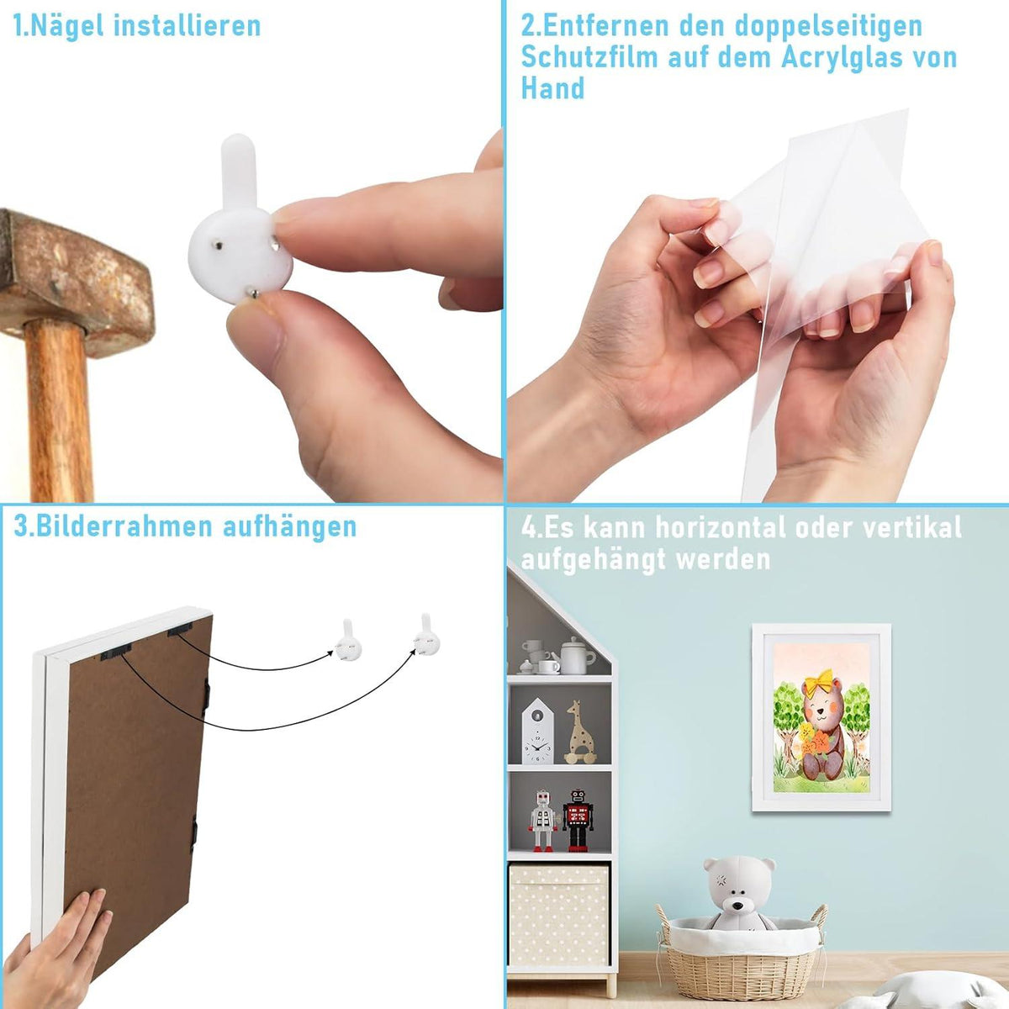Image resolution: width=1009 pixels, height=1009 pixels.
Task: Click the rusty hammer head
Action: (73, 277)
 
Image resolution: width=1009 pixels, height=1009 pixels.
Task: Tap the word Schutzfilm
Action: (589, 57)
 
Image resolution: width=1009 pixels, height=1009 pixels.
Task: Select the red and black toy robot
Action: (578, 820)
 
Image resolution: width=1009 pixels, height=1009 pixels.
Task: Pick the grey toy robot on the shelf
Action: (542, 821)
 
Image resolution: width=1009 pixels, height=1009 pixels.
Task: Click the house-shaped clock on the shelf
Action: (537, 731)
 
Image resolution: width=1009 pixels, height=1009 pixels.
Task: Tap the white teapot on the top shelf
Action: (573, 655)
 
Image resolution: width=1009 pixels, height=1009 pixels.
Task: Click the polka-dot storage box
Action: (558, 914)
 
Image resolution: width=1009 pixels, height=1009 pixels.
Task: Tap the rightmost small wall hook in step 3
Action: (427, 635)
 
